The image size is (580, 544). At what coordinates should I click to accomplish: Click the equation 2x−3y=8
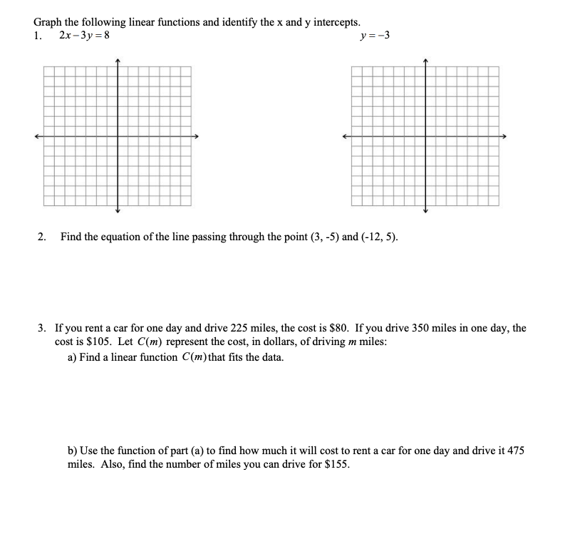[x=85, y=35]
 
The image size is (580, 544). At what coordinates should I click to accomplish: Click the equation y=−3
[x=376, y=35]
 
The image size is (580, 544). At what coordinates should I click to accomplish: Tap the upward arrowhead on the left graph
[x=118, y=61]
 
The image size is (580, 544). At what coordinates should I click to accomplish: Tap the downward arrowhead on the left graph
[x=118, y=210]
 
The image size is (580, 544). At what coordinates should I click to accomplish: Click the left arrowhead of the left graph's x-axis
[x=36, y=136]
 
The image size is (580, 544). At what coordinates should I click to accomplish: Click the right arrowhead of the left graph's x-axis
[x=199, y=136]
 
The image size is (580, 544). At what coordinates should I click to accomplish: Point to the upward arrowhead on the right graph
[x=426, y=61]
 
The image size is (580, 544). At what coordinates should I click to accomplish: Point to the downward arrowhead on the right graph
[x=426, y=210]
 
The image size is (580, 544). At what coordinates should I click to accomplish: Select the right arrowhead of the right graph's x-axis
[x=507, y=136]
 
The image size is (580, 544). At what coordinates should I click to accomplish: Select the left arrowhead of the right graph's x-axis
[x=346, y=136]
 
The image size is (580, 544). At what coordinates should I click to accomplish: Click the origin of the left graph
[x=118, y=136]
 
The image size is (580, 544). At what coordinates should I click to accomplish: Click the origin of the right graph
[x=426, y=136]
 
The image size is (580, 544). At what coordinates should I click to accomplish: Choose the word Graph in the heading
[x=48, y=21]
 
